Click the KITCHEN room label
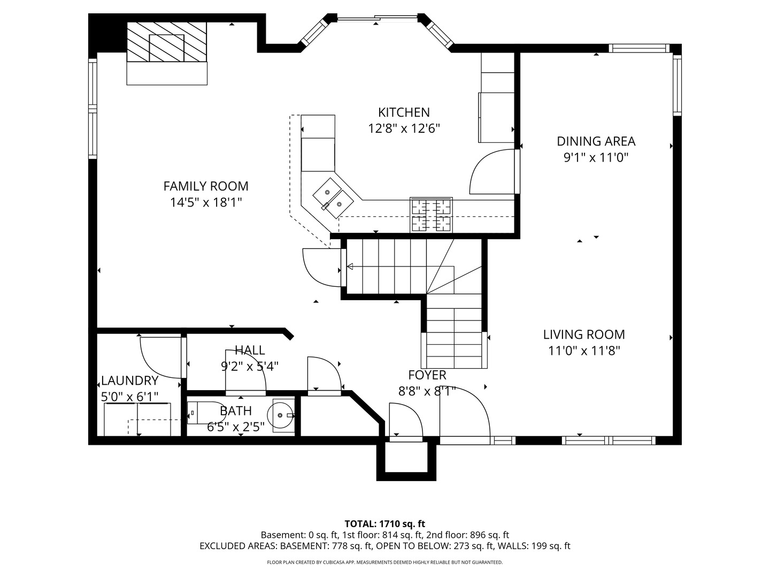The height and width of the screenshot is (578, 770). [x=404, y=112]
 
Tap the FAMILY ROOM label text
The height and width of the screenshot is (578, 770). [x=206, y=186]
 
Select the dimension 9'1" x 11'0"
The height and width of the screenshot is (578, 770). [x=596, y=158]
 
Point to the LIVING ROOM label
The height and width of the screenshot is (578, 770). [x=584, y=334]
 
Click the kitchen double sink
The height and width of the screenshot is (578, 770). [x=333, y=197]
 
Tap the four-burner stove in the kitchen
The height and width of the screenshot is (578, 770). [x=431, y=215]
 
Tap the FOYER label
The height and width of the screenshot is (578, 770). [x=427, y=375]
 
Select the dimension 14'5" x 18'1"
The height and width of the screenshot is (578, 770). [x=206, y=202]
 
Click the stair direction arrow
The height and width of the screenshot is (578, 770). [x=351, y=267]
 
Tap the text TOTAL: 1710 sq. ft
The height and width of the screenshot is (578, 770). [x=384, y=523]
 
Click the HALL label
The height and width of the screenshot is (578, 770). [x=250, y=351]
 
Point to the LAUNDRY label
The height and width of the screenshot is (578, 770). [x=130, y=381]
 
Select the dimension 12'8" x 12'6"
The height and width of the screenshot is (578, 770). [x=404, y=128]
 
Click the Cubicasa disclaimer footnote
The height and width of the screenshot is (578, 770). [x=384, y=562]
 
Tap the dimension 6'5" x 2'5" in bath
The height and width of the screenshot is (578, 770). [x=236, y=427]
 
